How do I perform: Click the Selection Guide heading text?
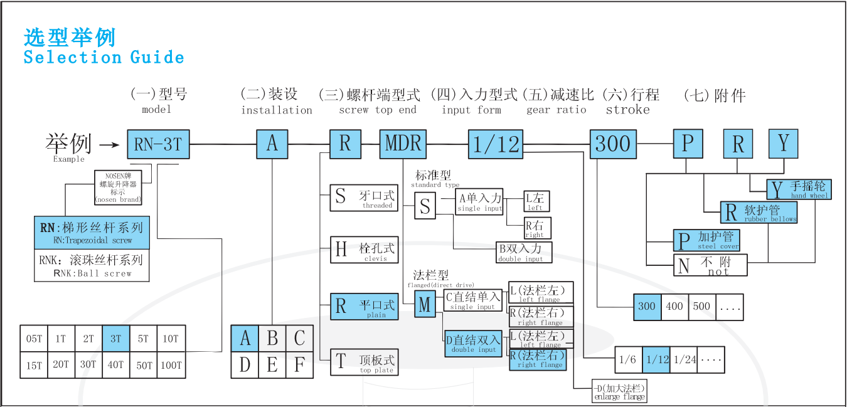click(x=104, y=57)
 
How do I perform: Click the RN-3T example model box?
click(x=158, y=145)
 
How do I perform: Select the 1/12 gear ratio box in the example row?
click(x=496, y=145)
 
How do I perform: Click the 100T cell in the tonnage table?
click(x=171, y=365)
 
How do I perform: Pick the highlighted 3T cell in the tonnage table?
click(x=115, y=339)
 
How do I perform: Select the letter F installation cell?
click(x=299, y=365)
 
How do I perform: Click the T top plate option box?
click(x=365, y=362)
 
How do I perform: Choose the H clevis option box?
click(x=365, y=250)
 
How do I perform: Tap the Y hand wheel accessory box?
click(x=799, y=189)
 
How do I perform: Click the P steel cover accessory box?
click(x=706, y=240)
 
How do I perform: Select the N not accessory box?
click(x=711, y=265)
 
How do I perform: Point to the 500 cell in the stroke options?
click(x=702, y=307)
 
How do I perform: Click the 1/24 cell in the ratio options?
click(x=685, y=360)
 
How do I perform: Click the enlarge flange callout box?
click(x=619, y=391)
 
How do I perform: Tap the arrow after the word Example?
click(x=110, y=145)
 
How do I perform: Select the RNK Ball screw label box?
click(x=92, y=266)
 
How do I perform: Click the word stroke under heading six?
click(x=627, y=110)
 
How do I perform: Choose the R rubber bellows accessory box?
click(x=750, y=213)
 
